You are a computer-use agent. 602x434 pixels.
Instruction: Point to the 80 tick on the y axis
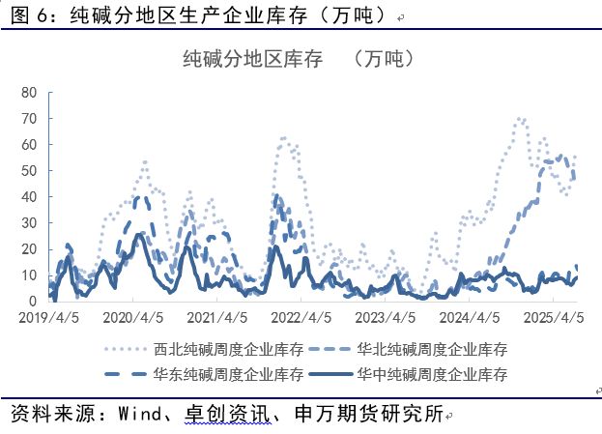tap(29, 93)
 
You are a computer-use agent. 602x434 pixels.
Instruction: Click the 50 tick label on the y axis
tap(29, 171)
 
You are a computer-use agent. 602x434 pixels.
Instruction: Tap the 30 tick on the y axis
tap(29, 223)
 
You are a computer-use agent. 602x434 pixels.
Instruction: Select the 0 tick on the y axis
tap(33, 302)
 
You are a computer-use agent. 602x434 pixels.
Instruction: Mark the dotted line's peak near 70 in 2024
tap(520, 119)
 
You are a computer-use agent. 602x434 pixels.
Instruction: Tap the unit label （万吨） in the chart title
tap(385, 59)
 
